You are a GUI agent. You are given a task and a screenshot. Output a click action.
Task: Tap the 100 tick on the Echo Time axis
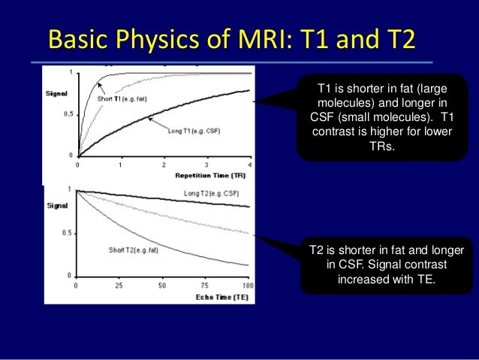[x=249, y=286]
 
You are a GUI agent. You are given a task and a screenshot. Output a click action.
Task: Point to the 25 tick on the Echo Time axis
[x=119, y=286]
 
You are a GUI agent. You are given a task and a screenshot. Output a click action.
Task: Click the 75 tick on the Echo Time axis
[x=205, y=286]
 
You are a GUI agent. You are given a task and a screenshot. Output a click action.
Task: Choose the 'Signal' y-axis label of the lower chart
[x=57, y=204]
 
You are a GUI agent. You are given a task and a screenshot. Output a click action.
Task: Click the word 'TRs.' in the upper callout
[x=381, y=146]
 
